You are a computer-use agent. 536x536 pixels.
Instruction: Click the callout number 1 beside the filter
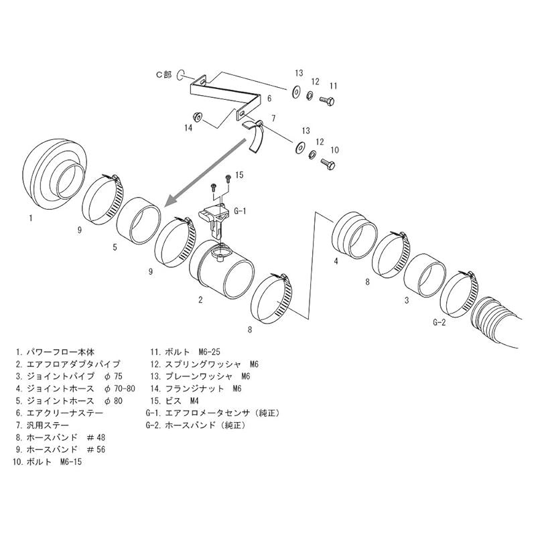point(31,218)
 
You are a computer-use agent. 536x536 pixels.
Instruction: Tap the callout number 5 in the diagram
point(115,247)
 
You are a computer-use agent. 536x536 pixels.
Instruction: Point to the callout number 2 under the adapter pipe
point(200,299)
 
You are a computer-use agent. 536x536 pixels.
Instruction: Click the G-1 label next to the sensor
point(241,210)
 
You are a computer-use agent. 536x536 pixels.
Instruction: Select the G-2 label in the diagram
point(440,322)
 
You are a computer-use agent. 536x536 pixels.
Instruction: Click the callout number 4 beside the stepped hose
point(336,261)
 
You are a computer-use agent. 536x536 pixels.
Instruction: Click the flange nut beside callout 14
point(200,115)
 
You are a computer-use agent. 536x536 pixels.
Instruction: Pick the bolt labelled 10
point(327,163)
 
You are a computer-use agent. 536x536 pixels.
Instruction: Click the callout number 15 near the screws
point(240,176)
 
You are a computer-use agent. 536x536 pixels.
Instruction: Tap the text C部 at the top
point(164,76)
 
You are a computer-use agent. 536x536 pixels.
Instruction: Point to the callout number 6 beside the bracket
point(269,98)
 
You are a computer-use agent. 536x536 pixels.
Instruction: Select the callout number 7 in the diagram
point(273,119)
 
